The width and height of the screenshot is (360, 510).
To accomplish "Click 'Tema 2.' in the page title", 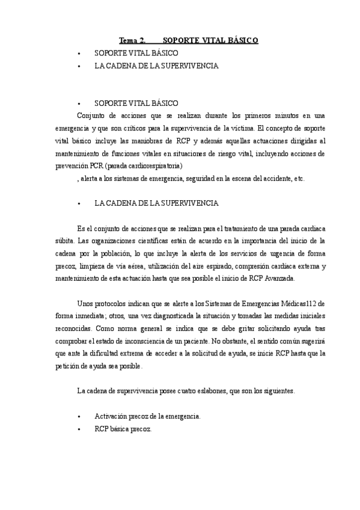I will pos(132,40).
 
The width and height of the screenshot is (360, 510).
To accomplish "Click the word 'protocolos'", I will pos(116,305).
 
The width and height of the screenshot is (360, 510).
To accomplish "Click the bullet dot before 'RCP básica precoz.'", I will pos(79,429).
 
